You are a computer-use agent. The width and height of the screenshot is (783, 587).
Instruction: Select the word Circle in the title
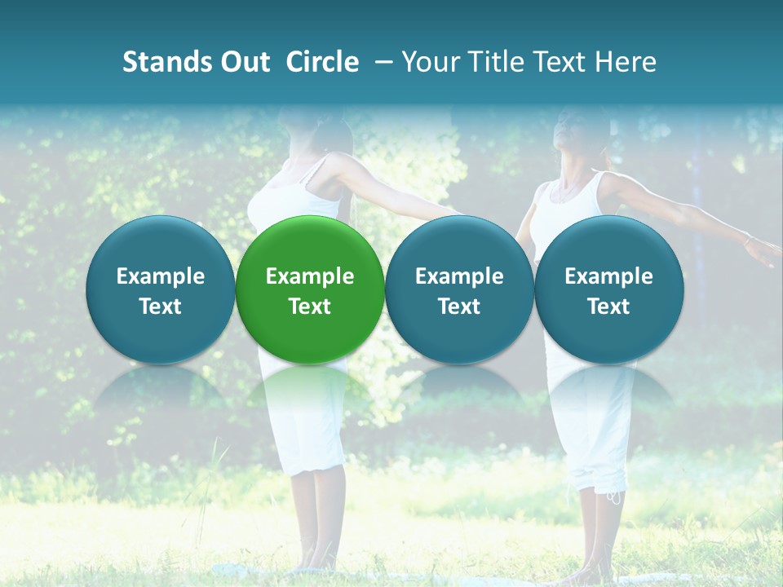click(322, 62)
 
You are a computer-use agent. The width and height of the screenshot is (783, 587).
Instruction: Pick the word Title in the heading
click(491, 62)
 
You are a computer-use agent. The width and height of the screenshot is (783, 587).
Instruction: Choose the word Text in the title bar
click(555, 62)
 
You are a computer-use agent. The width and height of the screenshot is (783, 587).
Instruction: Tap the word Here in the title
click(625, 62)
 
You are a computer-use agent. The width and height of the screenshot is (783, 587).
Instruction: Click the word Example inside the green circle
click(310, 276)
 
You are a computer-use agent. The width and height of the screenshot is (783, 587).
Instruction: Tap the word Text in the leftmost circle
click(160, 307)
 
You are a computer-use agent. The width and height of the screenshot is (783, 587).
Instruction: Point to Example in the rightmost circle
click(608, 276)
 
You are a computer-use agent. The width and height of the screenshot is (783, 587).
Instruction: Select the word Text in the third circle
click(459, 307)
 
